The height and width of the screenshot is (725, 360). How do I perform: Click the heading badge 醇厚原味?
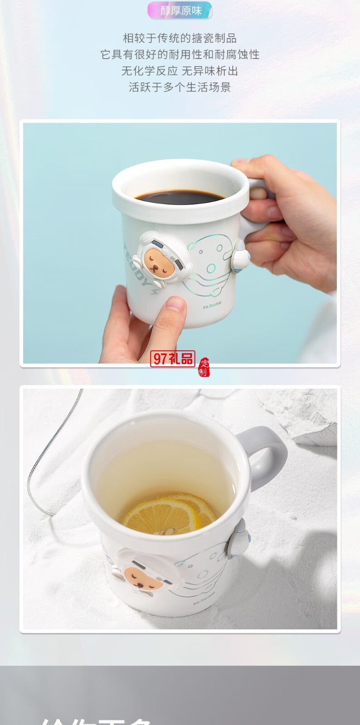tap(180, 11)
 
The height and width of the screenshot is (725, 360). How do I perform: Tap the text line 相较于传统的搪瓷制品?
tap(180, 38)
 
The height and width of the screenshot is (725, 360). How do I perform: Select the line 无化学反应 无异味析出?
tap(180, 71)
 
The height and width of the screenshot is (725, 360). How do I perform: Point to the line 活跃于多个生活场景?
tap(180, 87)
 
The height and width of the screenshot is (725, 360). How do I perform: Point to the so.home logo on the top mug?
tap(212, 305)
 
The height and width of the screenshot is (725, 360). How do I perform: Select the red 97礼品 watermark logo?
tap(172, 359)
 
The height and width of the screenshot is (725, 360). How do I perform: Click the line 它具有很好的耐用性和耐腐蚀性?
tap(180, 54)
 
